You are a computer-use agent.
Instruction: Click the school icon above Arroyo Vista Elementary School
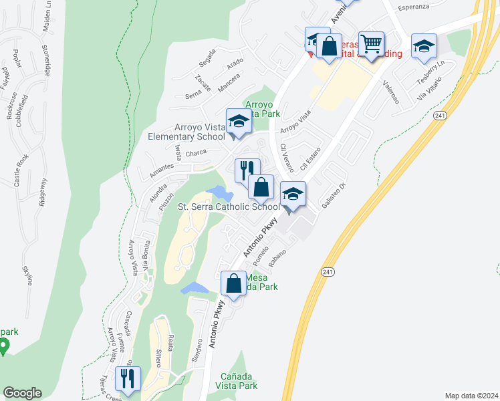pos(239,121)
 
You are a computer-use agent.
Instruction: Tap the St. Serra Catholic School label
pos(228,207)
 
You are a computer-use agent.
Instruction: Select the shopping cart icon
pos(371,45)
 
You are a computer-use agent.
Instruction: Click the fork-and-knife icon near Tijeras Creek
pos(127,379)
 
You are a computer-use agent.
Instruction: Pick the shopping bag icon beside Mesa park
pos(234,283)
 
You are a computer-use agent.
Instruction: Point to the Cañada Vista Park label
pos(239,381)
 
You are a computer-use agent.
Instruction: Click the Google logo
pos(22,393)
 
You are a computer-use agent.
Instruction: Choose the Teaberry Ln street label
pos(430,74)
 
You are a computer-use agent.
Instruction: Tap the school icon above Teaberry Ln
pos(424,46)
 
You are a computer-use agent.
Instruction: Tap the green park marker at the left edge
pos(4,346)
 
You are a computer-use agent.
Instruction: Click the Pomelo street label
pos(260,253)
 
